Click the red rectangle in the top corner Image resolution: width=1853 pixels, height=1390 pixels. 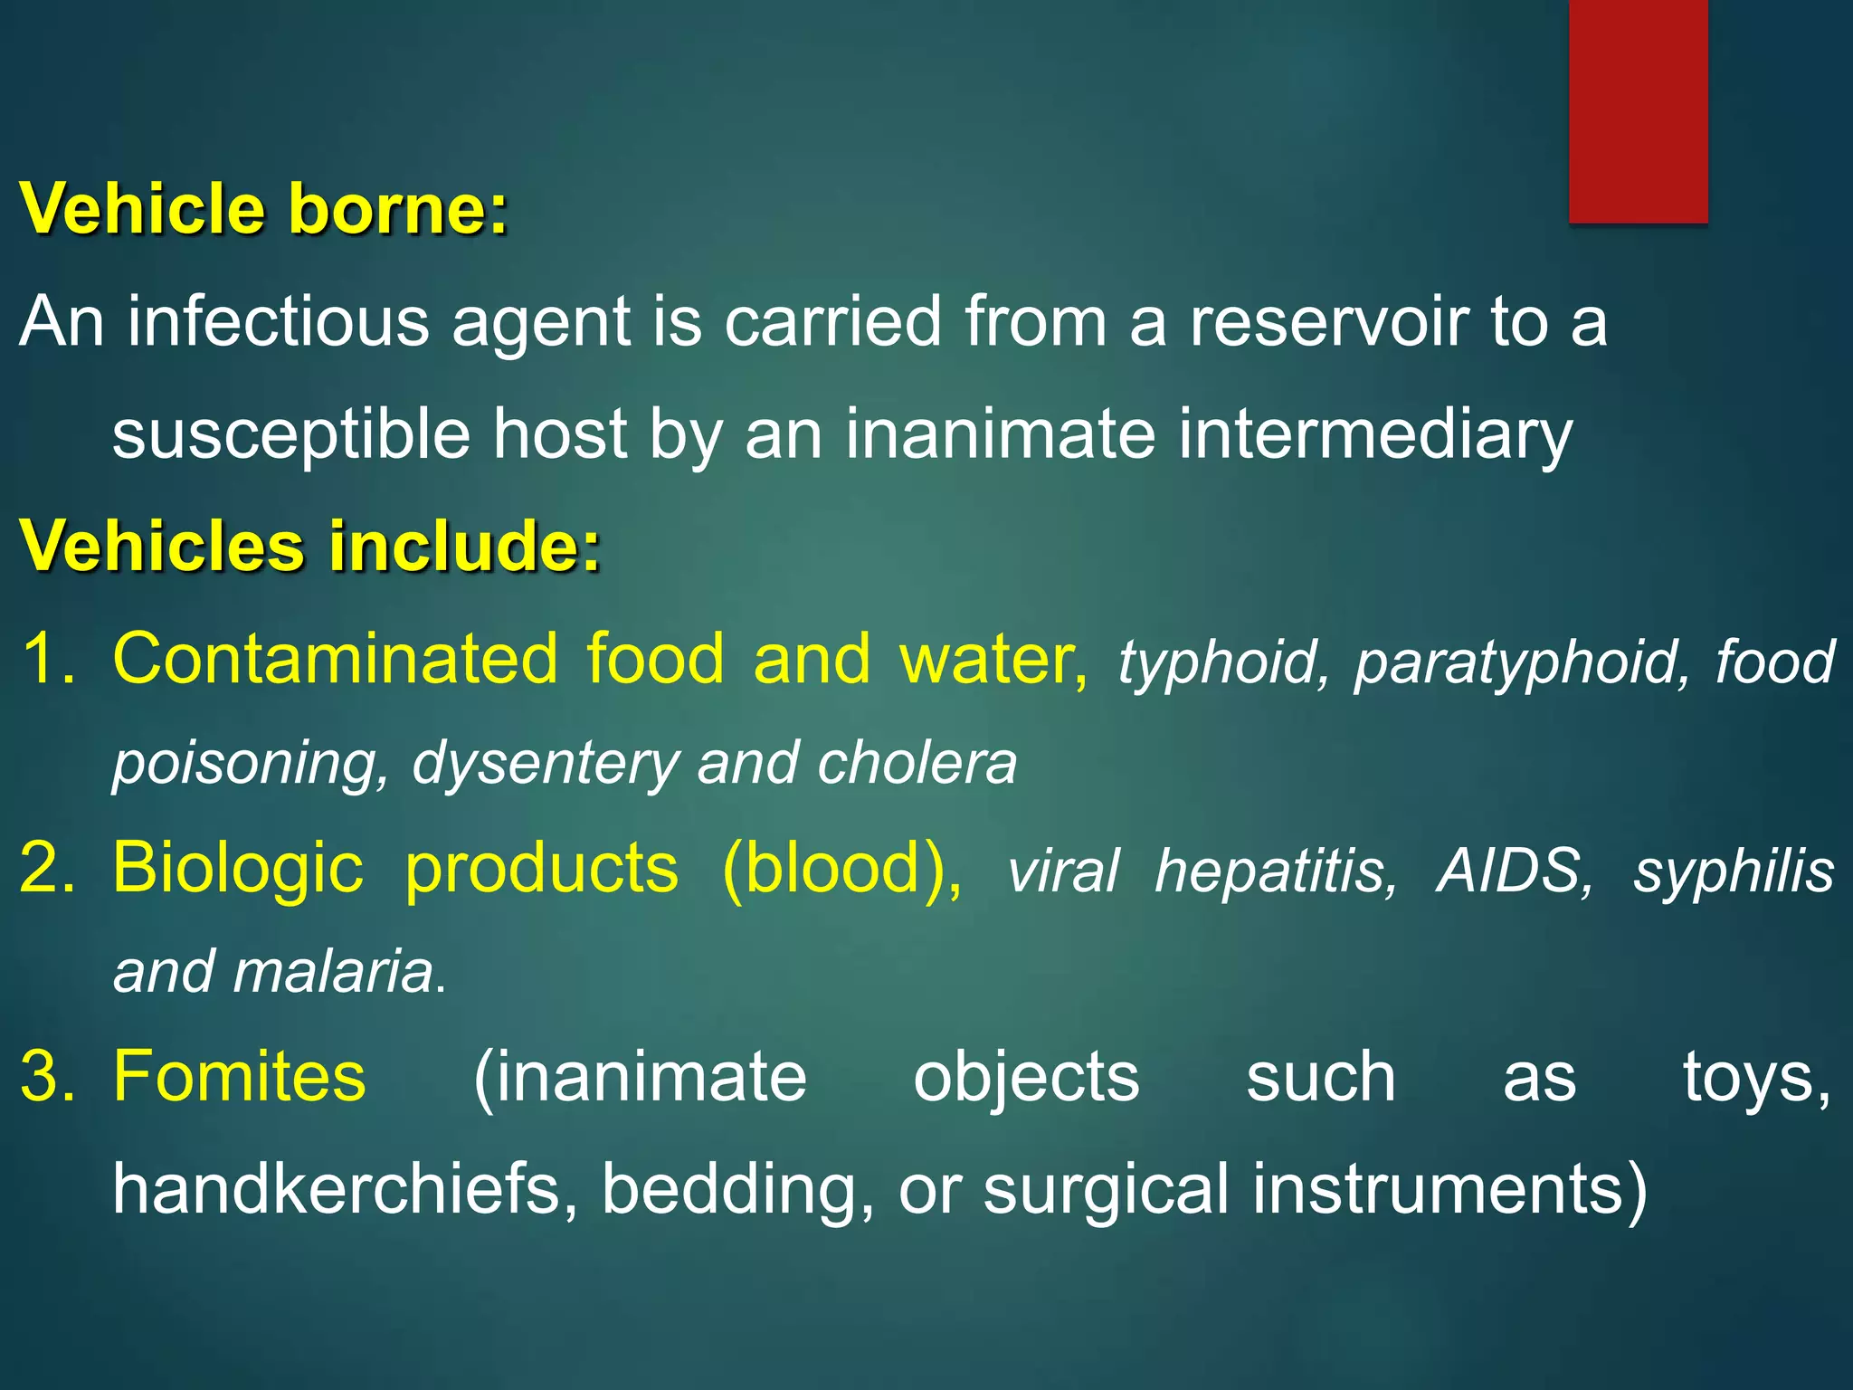click(x=1638, y=110)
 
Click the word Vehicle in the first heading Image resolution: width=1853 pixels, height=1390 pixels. click(x=142, y=210)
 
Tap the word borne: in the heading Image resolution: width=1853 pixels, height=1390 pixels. click(x=398, y=210)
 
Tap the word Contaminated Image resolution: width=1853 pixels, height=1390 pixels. click(x=335, y=659)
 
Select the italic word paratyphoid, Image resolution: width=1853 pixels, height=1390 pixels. click(x=1521, y=662)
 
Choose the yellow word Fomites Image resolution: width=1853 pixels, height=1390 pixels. click(x=239, y=1077)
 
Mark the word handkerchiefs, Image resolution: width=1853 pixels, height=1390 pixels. click(x=345, y=1189)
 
